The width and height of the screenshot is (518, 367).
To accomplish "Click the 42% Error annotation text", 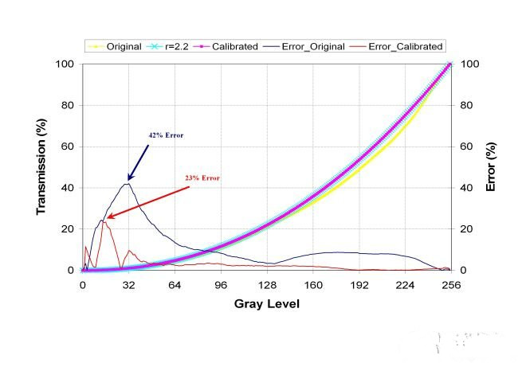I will [x=166, y=135].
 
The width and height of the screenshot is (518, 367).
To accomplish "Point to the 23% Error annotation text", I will [x=202, y=178].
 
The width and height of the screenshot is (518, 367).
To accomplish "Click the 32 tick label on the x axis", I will [x=128, y=284].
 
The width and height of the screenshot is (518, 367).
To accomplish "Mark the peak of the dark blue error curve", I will [x=127, y=184].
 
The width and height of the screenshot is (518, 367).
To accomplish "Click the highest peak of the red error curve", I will [x=104, y=221].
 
